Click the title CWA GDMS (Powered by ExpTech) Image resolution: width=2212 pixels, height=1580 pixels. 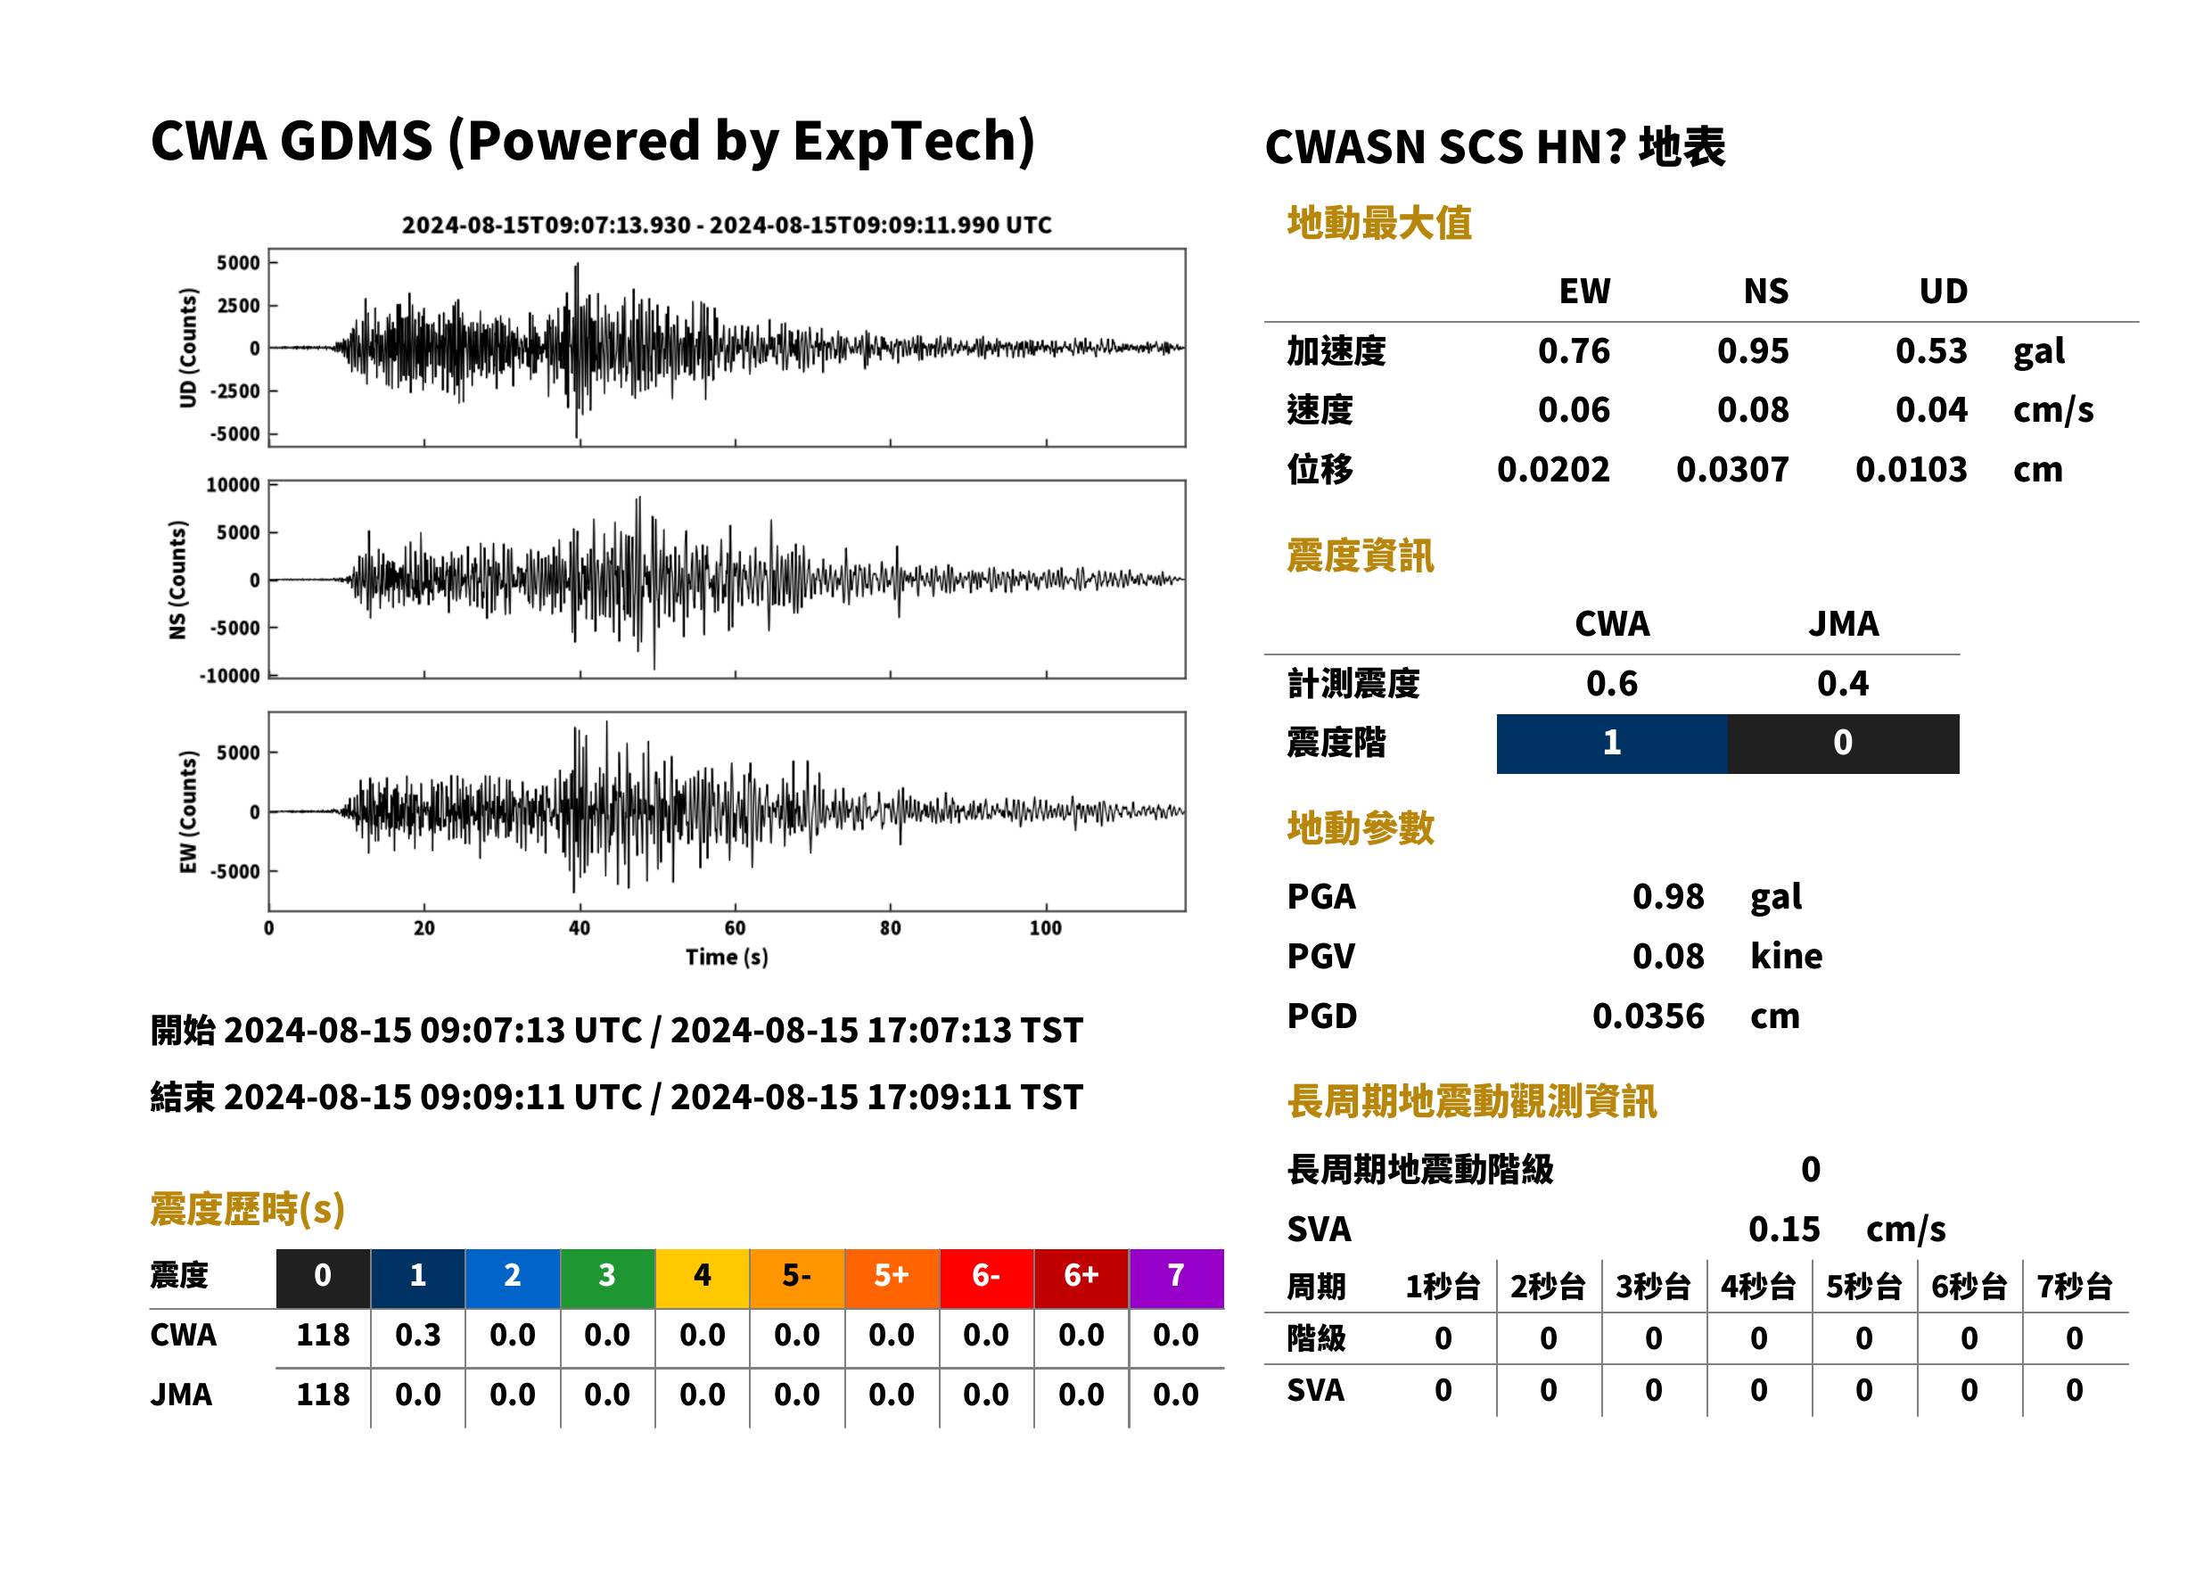point(592,142)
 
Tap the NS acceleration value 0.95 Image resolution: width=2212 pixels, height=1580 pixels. point(1752,351)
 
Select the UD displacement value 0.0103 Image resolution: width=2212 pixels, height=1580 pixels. point(1911,470)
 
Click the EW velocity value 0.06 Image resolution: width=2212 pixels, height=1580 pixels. point(1573,410)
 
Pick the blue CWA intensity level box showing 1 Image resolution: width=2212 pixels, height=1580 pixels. point(1611,744)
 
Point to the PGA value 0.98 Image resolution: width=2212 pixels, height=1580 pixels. point(1667,896)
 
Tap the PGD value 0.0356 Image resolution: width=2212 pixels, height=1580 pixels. point(1648,1016)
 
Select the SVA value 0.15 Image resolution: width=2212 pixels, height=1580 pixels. point(1783,1229)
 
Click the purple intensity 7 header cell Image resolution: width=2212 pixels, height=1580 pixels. point(1175,1278)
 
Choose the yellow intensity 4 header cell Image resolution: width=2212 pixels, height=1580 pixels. point(702,1278)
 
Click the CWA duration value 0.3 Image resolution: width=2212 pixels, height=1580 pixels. point(417,1335)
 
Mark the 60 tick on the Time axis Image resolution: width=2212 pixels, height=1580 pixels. point(735,928)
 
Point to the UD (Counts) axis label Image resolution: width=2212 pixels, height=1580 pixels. point(188,348)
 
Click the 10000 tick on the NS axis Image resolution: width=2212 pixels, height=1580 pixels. point(234,484)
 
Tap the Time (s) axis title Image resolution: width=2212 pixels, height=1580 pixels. point(727,958)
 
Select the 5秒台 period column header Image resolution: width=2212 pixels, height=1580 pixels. point(1863,1288)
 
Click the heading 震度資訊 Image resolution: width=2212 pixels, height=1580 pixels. point(1360,555)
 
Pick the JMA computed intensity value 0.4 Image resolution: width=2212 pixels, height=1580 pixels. point(1842,684)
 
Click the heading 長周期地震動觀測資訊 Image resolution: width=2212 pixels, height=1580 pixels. point(1471,1101)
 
